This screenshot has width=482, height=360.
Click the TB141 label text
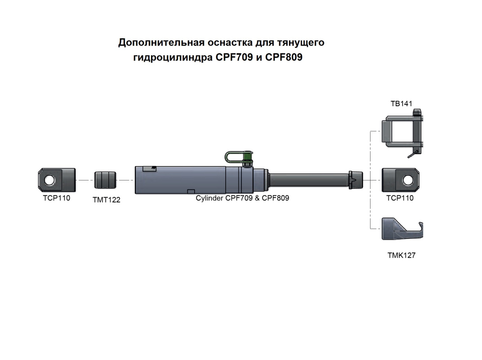tap(401, 103)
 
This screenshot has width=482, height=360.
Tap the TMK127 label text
tap(402, 256)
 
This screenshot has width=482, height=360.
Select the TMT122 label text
tap(107, 200)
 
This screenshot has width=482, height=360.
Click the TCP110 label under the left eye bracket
tap(57, 198)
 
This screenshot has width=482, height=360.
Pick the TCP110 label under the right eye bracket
tap(400, 198)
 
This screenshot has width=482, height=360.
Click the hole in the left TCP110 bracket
tap(49, 180)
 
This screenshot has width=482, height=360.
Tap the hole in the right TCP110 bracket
tap(408, 180)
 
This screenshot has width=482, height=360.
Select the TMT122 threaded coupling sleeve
tap(105, 180)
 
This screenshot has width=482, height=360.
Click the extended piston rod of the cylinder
tap(309, 180)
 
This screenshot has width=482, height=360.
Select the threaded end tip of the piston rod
tap(356, 180)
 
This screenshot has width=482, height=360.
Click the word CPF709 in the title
tap(234, 57)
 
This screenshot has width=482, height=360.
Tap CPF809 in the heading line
tap(284, 57)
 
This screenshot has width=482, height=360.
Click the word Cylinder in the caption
tap(210, 198)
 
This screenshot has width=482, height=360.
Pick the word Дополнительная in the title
tap(161, 42)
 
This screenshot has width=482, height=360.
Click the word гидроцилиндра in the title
tap(173, 58)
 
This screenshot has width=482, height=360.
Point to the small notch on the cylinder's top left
tap(150, 169)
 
